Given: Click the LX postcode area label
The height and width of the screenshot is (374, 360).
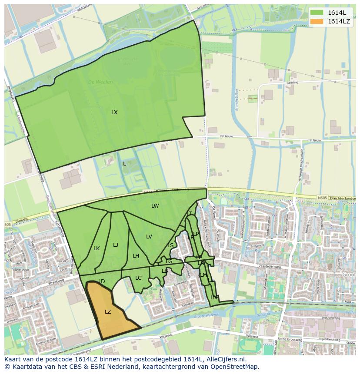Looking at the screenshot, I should pos(114,113).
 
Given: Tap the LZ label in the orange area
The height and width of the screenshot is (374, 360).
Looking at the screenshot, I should pos(108,312).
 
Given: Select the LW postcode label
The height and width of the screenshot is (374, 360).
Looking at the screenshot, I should pos(155,206).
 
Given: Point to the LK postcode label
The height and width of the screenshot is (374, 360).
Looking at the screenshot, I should pos(97,248).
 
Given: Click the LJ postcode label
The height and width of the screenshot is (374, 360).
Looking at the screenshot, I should pos(116,245).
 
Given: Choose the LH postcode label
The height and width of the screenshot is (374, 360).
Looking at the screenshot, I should pos(136,256).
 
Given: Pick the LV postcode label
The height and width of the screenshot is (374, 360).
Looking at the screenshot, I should pos(149,237).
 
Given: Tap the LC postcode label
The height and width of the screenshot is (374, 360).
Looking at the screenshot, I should pos(138,278).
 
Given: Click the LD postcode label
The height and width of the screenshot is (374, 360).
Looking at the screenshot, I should pos(102,281).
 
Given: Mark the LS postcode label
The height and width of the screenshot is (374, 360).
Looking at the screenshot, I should pos(170,245).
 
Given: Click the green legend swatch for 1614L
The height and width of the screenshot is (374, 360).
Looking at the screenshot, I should pos(317,13).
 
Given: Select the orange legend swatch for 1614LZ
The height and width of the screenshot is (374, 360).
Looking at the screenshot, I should pos(317,21).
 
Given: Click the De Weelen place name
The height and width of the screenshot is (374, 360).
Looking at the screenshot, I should pos(100,82).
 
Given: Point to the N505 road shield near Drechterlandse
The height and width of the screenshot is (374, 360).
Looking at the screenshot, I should pos(322,198).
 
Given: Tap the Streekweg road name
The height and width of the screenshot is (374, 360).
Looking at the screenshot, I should pos(56,282).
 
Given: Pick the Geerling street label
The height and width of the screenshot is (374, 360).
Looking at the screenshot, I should pos(293,82).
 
